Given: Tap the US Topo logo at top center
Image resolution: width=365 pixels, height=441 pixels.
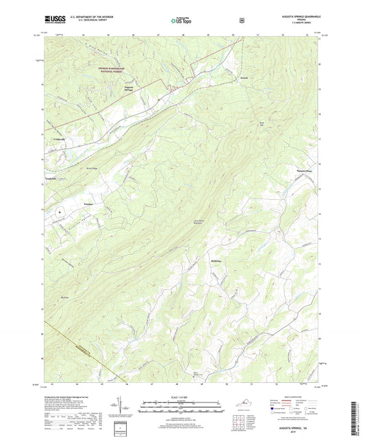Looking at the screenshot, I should point(181,21).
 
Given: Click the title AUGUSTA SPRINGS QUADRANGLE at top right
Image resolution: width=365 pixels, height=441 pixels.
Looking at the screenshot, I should point(298,17).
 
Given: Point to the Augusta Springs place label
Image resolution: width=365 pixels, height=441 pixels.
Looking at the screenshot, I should point(128,90).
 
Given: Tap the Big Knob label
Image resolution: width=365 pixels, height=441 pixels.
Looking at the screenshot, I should point(66,297).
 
